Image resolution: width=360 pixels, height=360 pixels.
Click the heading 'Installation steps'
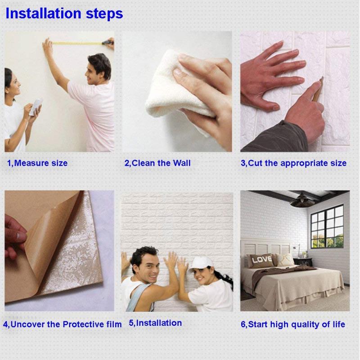[64, 13]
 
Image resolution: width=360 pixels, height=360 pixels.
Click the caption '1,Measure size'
[37, 163]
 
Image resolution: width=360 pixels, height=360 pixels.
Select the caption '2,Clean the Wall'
[157, 163]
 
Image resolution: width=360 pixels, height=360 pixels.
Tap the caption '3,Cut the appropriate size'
[293, 163]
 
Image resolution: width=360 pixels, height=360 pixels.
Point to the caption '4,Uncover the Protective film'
[62, 324]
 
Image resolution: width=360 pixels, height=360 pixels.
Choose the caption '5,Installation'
[155, 323]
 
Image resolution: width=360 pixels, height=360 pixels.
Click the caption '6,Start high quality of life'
[293, 324]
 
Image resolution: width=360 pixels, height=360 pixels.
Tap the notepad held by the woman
[36, 107]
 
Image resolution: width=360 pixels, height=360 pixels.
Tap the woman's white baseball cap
[200, 263]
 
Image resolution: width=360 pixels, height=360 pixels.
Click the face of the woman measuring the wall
[12, 85]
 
